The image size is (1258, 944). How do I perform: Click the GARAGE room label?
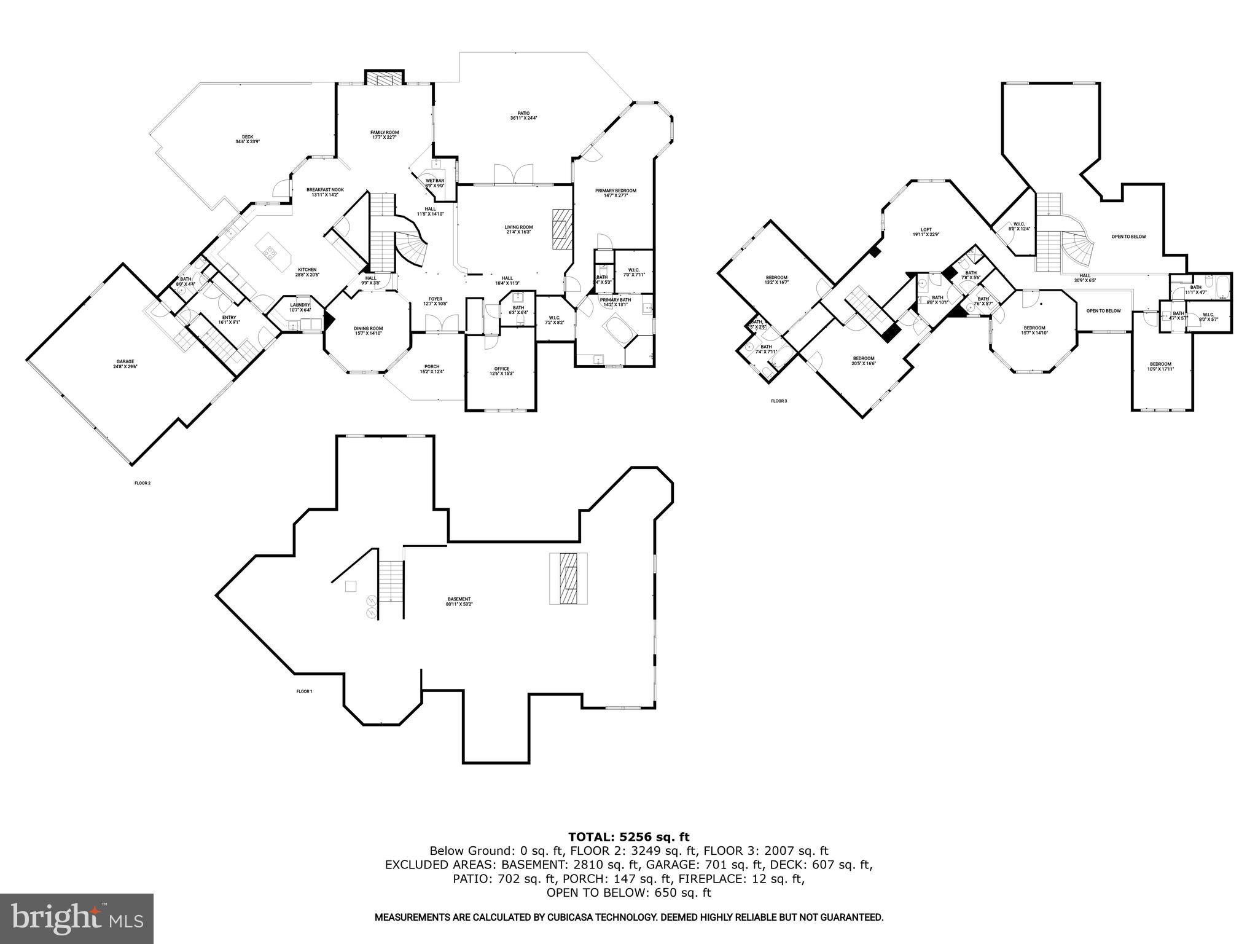point(123,364)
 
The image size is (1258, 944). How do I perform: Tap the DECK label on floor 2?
point(248,139)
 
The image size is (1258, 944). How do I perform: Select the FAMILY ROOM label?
point(385,135)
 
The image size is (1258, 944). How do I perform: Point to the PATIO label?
point(523,116)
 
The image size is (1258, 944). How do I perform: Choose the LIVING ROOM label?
point(518,229)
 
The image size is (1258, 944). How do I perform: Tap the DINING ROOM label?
point(368,330)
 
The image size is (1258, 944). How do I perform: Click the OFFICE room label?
point(501,371)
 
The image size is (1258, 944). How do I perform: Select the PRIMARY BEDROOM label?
point(615,192)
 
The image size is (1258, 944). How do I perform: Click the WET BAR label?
point(435,183)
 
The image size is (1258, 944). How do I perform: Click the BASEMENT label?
point(459,601)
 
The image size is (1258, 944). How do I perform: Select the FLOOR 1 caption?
point(304,691)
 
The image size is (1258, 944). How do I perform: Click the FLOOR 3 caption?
point(778,401)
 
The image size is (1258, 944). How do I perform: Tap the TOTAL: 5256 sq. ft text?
point(628,836)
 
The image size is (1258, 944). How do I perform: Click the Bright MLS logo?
point(77,918)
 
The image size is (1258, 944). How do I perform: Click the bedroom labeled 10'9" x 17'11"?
point(1160,366)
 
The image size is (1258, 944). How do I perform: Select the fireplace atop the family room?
point(385,78)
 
